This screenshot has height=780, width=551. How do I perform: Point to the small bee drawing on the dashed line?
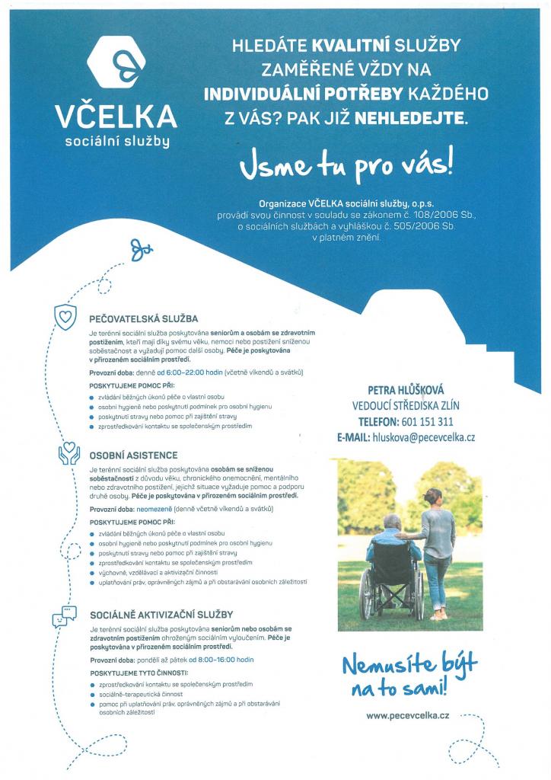[x=142, y=247]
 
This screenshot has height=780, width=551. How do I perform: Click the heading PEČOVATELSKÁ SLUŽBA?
[x=143, y=319]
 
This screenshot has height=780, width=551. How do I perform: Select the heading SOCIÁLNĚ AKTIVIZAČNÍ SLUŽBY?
[x=161, y=613]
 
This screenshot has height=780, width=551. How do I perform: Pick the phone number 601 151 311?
[x=427, y=421]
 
